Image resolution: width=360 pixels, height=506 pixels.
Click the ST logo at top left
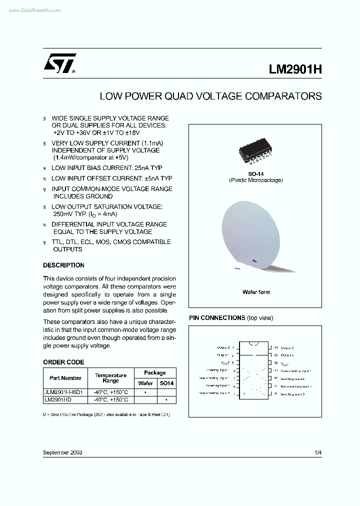[59, 64]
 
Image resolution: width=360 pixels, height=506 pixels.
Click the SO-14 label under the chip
[256, 174]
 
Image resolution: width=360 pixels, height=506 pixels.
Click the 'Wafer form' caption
[256, 292]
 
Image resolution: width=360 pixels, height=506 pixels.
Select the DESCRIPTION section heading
[63, 265]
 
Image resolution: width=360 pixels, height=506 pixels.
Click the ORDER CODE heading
[63, 362]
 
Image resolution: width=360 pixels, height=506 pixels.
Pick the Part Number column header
[65, 378]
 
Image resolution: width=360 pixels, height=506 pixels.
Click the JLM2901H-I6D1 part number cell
[65, 392]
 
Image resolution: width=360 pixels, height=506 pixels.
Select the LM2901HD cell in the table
[58, 400]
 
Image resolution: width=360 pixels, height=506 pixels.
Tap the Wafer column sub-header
[145, 383]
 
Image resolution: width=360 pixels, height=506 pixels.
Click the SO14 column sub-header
[166, 383]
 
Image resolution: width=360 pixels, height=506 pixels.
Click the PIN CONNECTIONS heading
[216, 318]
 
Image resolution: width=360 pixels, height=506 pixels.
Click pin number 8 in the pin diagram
[276, 394]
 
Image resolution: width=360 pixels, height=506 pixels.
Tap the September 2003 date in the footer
[62, 452]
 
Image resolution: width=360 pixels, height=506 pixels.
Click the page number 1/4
[318, 452]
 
